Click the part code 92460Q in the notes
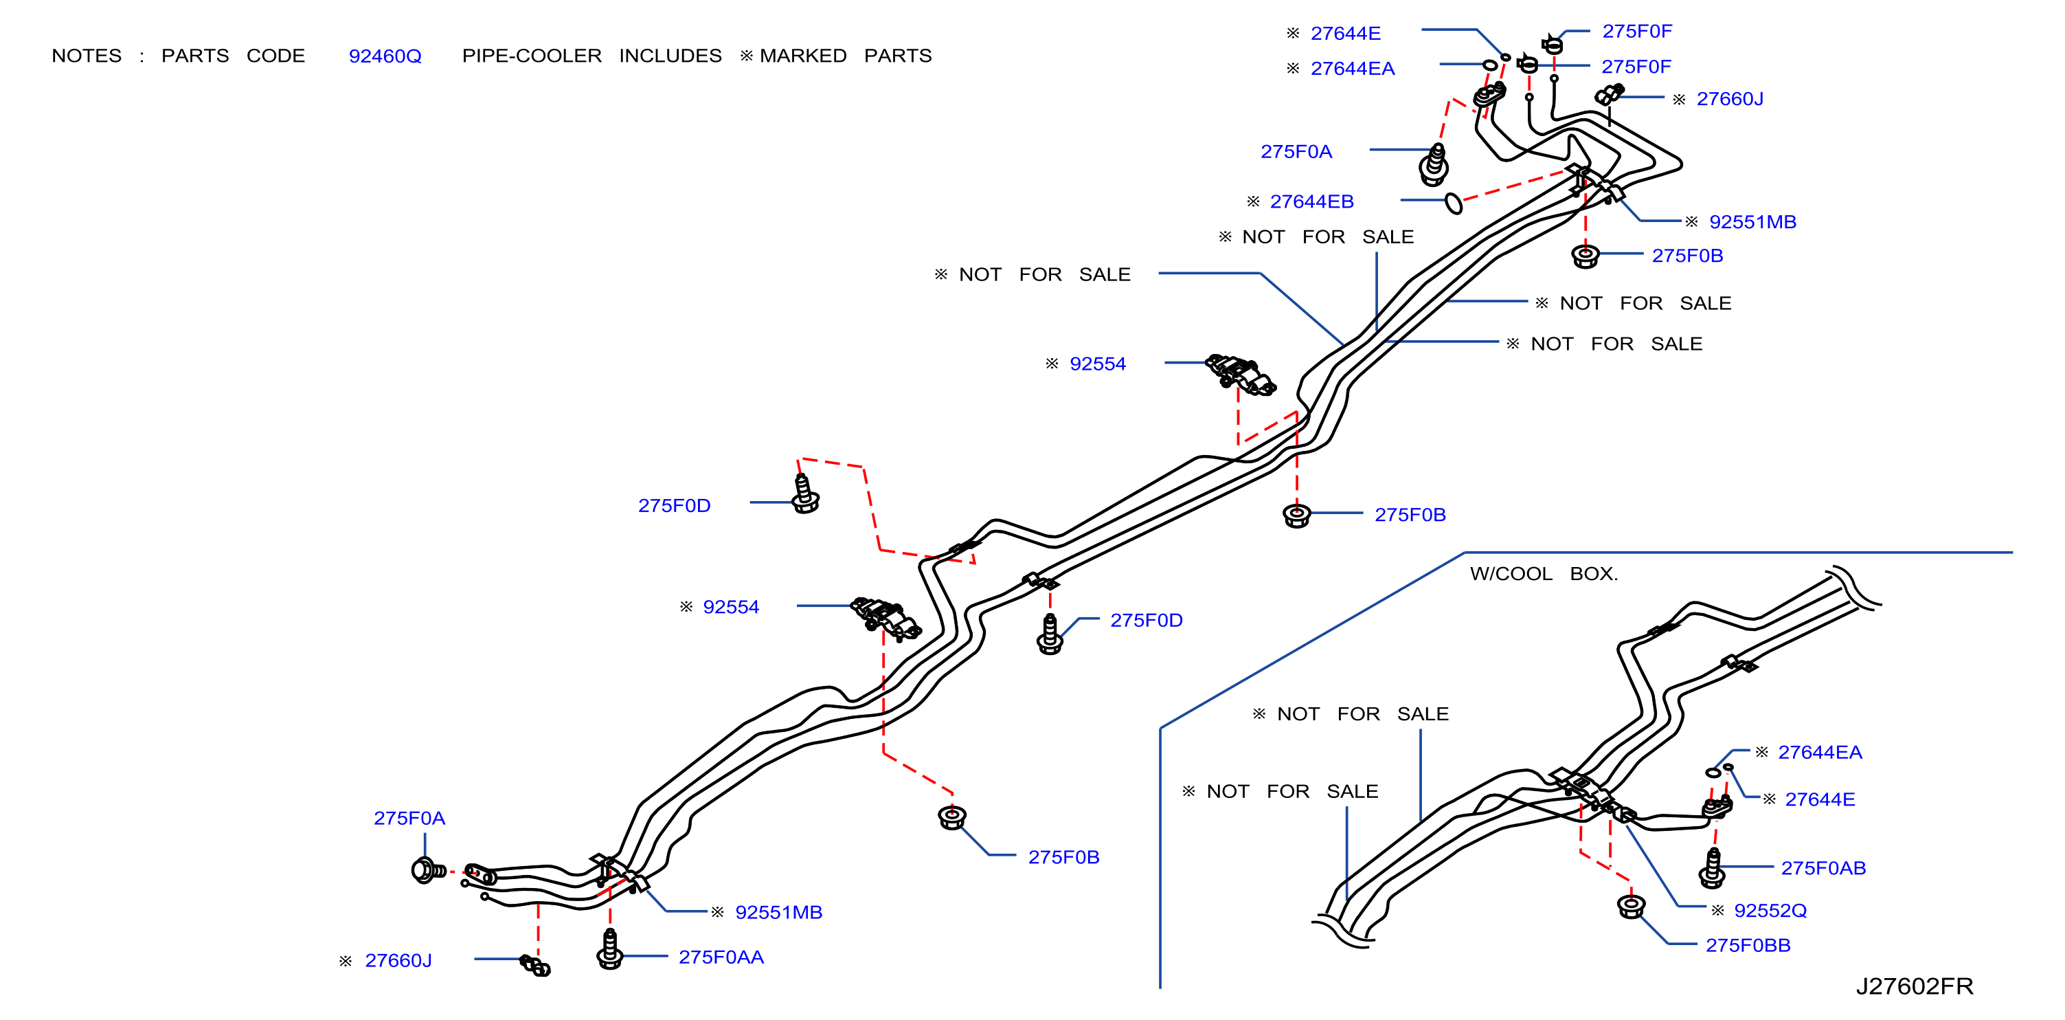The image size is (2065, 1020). [x=385, y=56]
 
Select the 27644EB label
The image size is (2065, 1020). [x=1311, y=201]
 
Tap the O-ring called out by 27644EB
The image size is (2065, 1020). [x=1454, y=203]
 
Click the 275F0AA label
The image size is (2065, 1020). [x=721, y=957]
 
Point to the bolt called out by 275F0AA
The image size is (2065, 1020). [x=610, y=949]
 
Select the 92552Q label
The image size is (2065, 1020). [x=1770, y=910]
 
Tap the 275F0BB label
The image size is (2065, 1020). [x=1748, y=946]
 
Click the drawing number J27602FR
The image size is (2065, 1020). [x=1915, y=986]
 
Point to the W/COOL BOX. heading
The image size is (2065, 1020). [x=1544, y=574]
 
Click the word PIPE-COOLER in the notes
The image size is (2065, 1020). [x=532, y=56]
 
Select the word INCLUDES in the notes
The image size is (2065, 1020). [x=670, y=56]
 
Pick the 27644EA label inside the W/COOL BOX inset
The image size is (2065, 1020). [x=1820, y=752]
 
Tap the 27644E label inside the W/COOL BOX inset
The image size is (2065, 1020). [x=1820, y=799]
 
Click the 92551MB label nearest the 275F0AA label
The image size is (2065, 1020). [x=778, y=913]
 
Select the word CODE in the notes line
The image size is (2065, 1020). [x=275, y=56]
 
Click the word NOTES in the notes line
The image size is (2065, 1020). [x=87, y=56]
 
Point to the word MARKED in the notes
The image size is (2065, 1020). [x=803, y=56]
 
